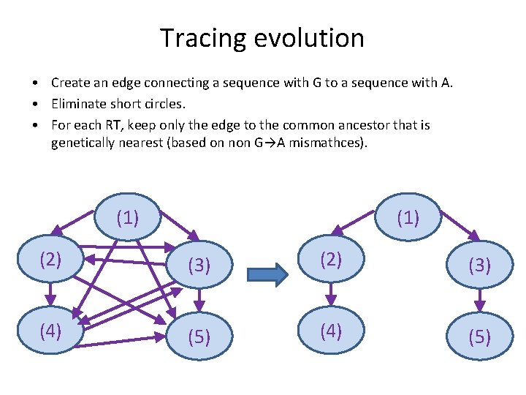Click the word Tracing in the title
tap(194, 38)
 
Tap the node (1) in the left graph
tap(128, 217)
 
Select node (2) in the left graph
tap(50, 259)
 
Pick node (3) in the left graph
tap(199, 265)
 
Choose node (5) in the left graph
tap(199, 337)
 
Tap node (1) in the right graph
tap(408, 217)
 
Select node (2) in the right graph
tap(331, 259)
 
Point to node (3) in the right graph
tap(479, 265)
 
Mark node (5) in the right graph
tap(479, 337)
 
